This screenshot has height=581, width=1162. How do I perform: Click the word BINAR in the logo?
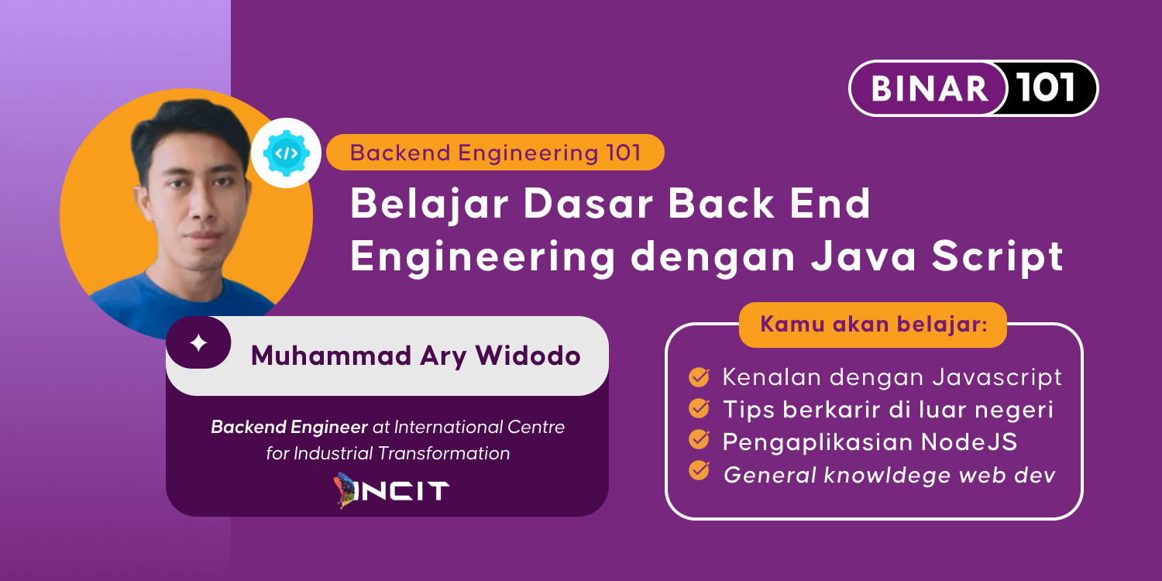930,88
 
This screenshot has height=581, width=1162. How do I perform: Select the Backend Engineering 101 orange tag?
495,153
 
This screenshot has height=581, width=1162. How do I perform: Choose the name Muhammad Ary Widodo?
415,356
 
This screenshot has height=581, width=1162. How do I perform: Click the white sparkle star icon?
199,342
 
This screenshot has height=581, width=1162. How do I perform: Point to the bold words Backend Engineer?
289,427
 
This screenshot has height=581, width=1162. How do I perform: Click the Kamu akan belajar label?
873,325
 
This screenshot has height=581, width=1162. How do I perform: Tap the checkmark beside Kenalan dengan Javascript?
699,377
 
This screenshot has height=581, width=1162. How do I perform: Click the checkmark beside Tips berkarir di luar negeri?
699,408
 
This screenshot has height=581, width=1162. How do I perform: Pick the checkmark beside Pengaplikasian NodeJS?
699,440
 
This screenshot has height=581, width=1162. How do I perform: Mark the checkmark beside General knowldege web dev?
699,471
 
